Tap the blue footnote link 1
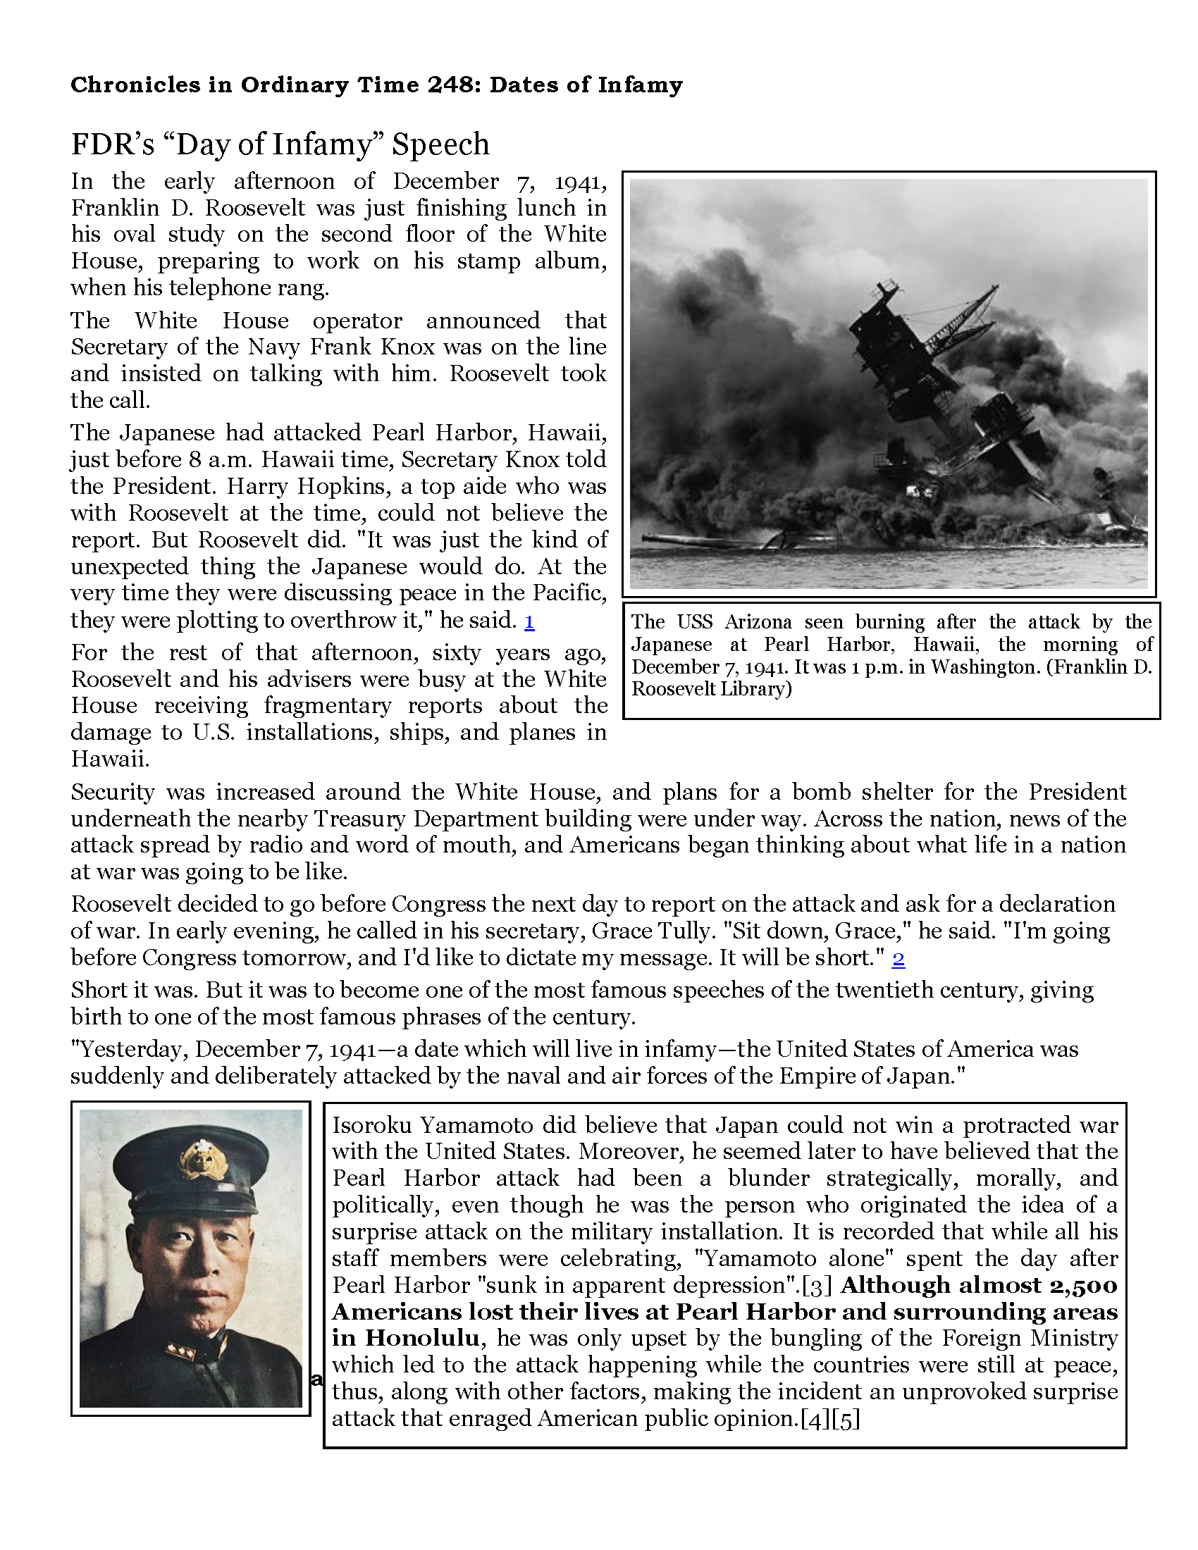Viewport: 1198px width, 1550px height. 529,621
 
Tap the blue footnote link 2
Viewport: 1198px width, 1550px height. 898,959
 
